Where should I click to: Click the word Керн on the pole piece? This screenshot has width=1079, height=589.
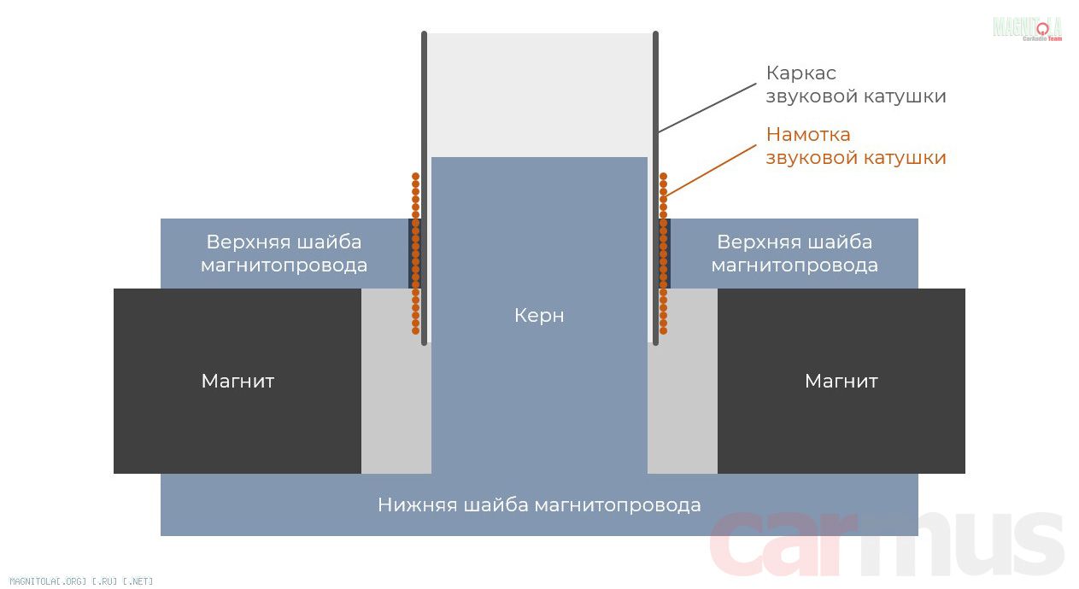539,316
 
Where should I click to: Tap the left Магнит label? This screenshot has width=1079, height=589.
238,381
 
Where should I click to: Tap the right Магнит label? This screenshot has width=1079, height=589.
842,381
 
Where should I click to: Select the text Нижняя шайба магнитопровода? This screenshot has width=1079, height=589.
539,505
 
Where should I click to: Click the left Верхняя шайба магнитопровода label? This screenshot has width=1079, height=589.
284,254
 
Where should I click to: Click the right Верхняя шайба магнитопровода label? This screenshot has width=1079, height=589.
795,254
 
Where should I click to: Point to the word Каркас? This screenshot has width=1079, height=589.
801,73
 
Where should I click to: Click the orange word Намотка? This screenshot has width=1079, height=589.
808,135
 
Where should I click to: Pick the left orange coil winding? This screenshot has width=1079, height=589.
416,254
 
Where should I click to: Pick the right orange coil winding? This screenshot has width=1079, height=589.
663,254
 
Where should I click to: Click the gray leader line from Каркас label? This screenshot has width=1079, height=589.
707,108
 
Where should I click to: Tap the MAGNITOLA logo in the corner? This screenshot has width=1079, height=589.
1028,28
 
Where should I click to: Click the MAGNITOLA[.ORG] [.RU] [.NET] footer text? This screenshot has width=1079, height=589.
81,581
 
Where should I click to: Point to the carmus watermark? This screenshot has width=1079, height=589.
886,544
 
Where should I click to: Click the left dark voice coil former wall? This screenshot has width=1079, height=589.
424,188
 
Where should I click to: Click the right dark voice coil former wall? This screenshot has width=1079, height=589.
655,188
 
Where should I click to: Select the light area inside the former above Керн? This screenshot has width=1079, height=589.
540,95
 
